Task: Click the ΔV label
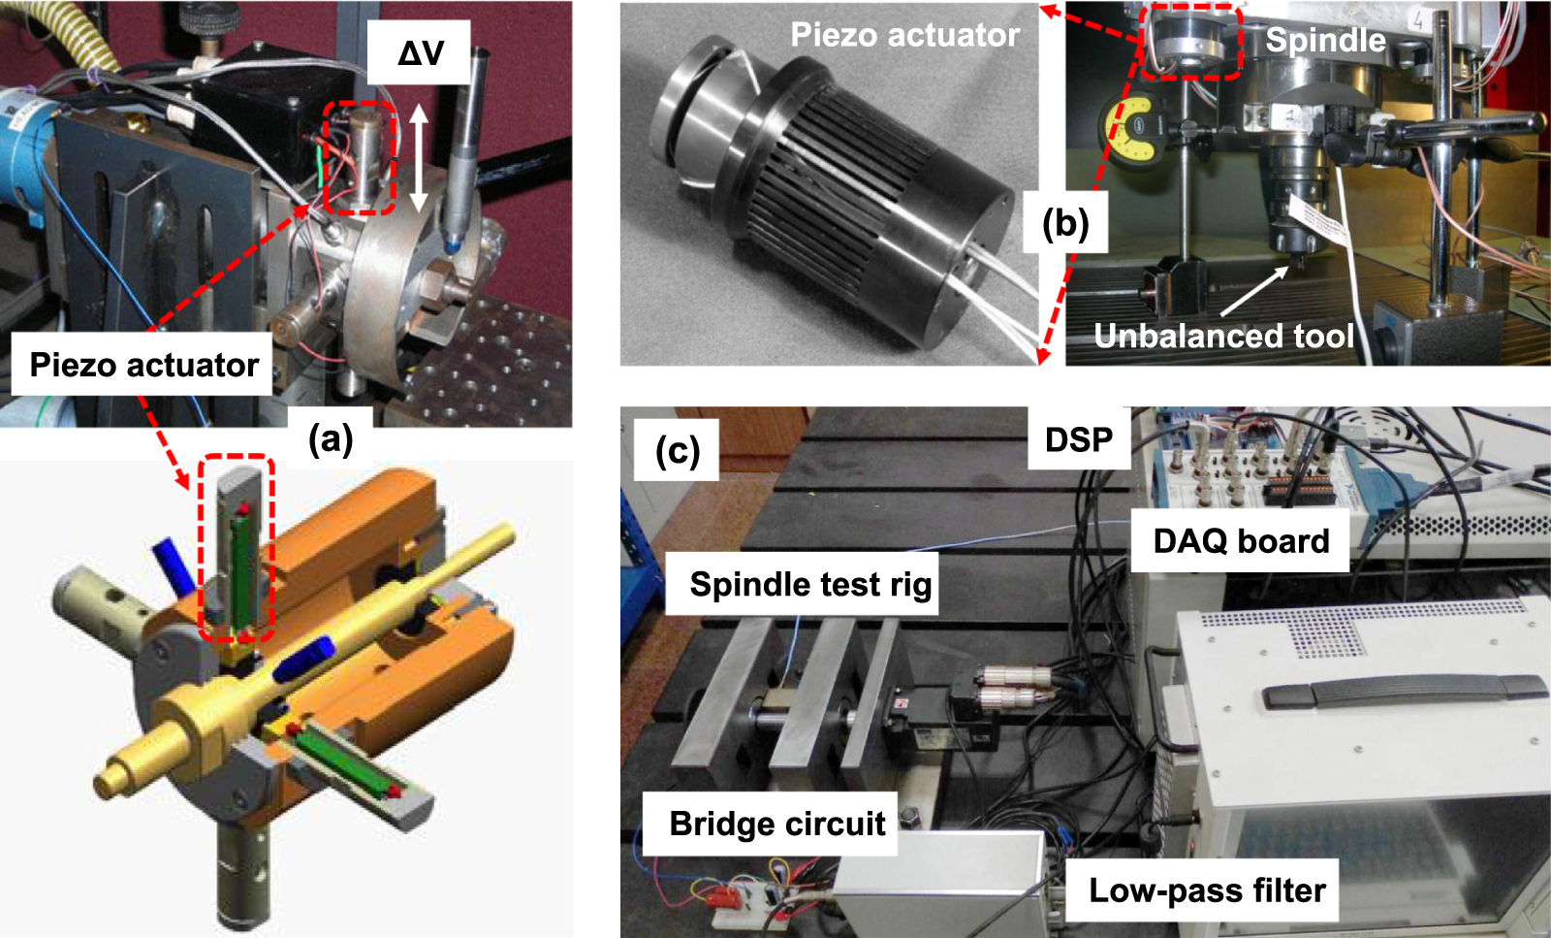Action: tap(420, 52)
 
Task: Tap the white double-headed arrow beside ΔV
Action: tap(419, 158)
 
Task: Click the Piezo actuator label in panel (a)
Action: tap(143, 365)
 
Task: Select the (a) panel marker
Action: tap(331, 439)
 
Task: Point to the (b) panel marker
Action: tap(1065, 223)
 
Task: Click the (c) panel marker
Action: tap(677, 450)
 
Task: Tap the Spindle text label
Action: tap(1325, 40)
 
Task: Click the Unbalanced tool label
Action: tap(1223, 336)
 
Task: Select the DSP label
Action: tap(1078, 439)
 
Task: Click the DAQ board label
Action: tap(1241, 540)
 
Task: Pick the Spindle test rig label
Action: tap(810, 584)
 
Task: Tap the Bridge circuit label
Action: tap(776, 824)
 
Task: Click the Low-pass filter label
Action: tap(1207, 889)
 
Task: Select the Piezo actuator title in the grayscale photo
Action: tap(904, 35)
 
